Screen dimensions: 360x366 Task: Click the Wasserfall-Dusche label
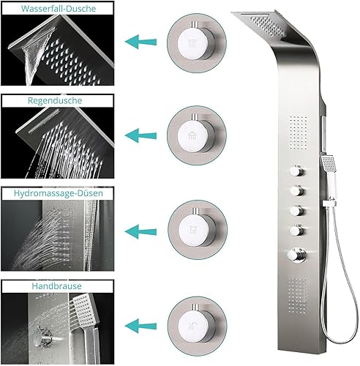click(x=59, y=9)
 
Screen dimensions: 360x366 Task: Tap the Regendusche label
click(x=55, y=100)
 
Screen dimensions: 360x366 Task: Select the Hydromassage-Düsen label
click(x=59, y=193)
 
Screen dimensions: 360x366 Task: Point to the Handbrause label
click(x=56, y=285)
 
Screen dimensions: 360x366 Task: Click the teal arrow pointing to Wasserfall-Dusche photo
click(x=140, y=42)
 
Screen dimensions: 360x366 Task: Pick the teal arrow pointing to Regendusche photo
click(x=140, y=135)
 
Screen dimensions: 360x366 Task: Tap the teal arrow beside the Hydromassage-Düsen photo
click(x=140, y=231)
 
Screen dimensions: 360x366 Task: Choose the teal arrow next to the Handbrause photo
click(x=140, y=326)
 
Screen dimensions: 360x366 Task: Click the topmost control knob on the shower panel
click(x=297, y=170)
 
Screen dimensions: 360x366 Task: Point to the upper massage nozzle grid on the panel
click(x=299, y=131)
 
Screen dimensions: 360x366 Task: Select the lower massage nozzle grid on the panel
click(x=298, y=295)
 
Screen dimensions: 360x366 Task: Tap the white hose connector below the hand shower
click(x=329, y=203)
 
